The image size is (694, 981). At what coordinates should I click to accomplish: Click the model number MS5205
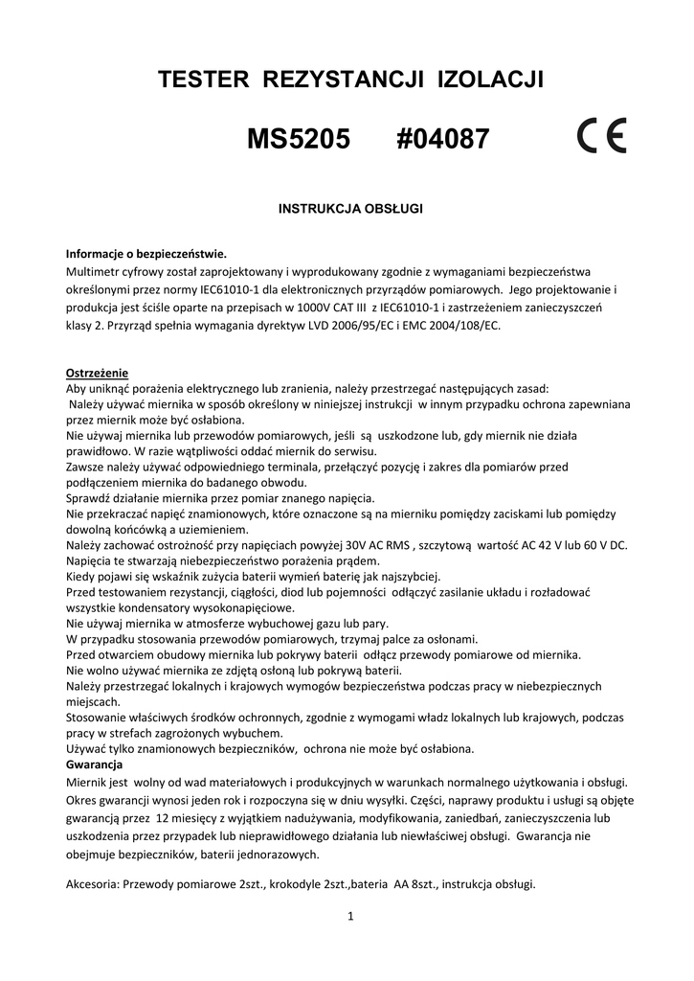click(300, 141)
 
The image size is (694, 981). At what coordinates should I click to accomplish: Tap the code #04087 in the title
click(442, 141)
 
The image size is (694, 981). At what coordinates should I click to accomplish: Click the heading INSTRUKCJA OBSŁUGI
click(349, 207)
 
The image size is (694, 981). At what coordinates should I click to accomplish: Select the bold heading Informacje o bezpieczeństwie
click(146, 254)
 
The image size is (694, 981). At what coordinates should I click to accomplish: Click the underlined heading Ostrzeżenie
click(97, 373)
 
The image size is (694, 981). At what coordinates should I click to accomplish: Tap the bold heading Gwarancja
click(93, 764)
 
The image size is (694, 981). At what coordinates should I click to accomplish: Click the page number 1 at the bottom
click(350, 917)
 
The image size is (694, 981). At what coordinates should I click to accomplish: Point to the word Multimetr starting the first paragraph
click(95, 271)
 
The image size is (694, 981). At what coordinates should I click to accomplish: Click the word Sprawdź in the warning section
click(87, 498)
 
